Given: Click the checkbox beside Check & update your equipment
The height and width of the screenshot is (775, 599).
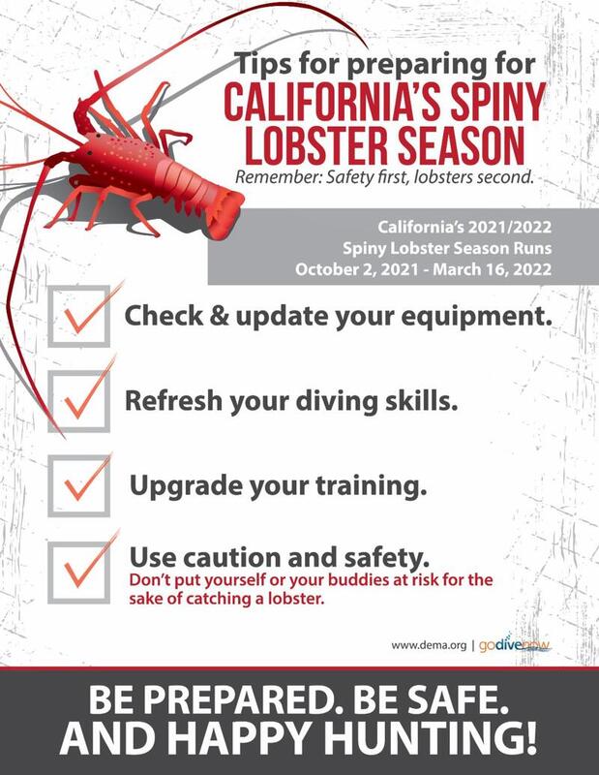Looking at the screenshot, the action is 79,317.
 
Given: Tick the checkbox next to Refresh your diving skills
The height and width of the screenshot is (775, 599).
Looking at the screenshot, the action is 79,401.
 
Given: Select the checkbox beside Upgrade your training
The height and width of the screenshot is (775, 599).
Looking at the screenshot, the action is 79,486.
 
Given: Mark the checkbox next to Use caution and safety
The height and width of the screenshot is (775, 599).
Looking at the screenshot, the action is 79,573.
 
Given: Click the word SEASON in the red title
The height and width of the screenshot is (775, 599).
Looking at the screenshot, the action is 462,145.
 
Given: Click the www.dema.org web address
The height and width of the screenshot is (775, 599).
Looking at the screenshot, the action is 429,645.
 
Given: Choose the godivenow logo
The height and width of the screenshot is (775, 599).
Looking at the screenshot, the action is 515,644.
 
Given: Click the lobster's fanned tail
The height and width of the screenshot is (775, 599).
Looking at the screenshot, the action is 225,213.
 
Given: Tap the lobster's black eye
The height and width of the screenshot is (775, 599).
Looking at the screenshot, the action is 99,136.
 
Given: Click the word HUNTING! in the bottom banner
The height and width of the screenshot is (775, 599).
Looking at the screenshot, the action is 433,738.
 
